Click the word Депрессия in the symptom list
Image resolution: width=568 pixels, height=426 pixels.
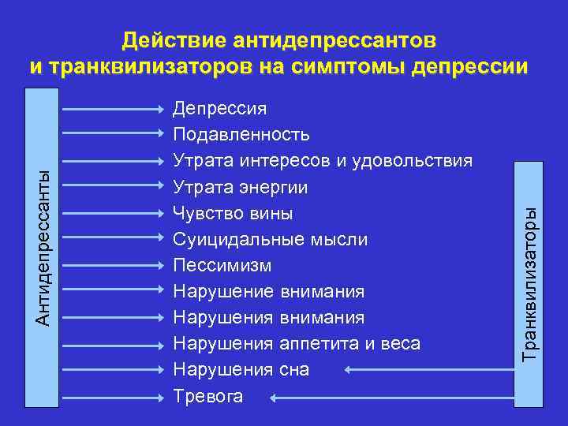coord(219,108)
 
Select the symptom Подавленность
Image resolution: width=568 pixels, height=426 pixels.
coord(241,134)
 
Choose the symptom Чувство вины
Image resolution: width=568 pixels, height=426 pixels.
coord(233,213)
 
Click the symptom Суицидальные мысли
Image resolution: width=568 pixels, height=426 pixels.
coord(270,239)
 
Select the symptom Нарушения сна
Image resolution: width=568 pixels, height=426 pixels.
coord(241,369)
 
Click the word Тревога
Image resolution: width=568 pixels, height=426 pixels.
coord(207,395)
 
